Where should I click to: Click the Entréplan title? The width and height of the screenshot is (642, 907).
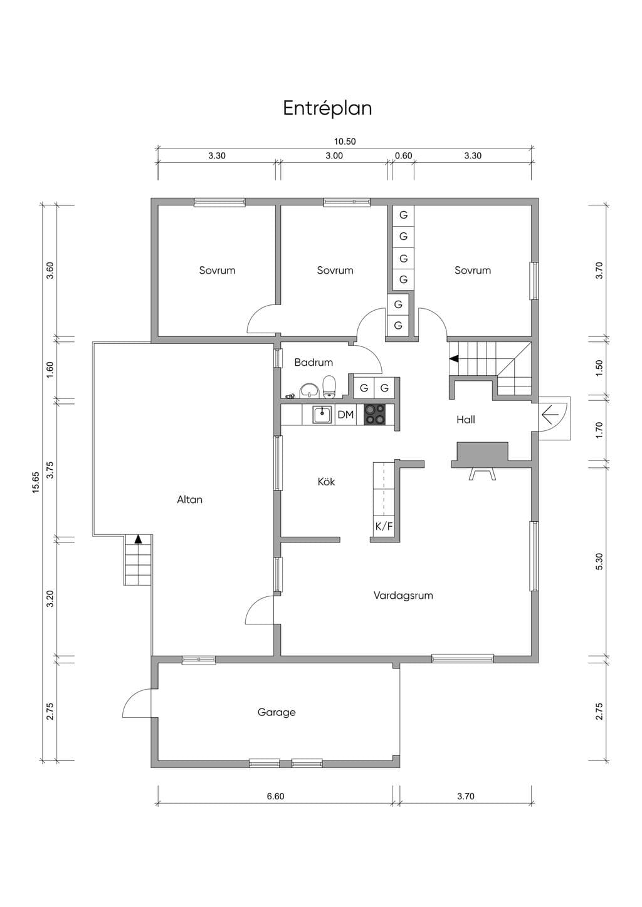coord(327,108)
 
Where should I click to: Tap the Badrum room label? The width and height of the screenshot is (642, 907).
coord(313,362)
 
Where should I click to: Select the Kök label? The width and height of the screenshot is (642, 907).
coord(326,482)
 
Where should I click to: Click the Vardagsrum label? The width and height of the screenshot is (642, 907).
coord(403,595)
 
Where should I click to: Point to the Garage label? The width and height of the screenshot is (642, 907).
coord(276,712)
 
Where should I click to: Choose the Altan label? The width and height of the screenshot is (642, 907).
coord(190,499)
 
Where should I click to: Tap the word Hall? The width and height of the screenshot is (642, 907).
coord(466,420)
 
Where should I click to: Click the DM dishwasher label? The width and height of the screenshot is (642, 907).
coord(345,415)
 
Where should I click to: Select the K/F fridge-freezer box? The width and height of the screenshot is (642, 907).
coord(384,526)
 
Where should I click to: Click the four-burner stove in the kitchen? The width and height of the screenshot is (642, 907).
coord(374,415)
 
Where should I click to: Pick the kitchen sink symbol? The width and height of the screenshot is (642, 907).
coord(323,415)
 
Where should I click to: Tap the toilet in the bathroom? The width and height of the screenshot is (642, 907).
coord(329,386)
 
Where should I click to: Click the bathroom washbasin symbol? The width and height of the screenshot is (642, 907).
coord(310,391)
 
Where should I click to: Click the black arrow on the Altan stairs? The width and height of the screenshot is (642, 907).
coord(138,539)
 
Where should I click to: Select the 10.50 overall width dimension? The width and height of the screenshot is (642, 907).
coord(345,142)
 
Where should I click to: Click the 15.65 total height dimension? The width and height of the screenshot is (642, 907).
coord(36,482)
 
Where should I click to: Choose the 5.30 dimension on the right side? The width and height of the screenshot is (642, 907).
coord(599,561)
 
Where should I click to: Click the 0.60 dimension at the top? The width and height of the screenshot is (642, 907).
coord(404,156)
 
